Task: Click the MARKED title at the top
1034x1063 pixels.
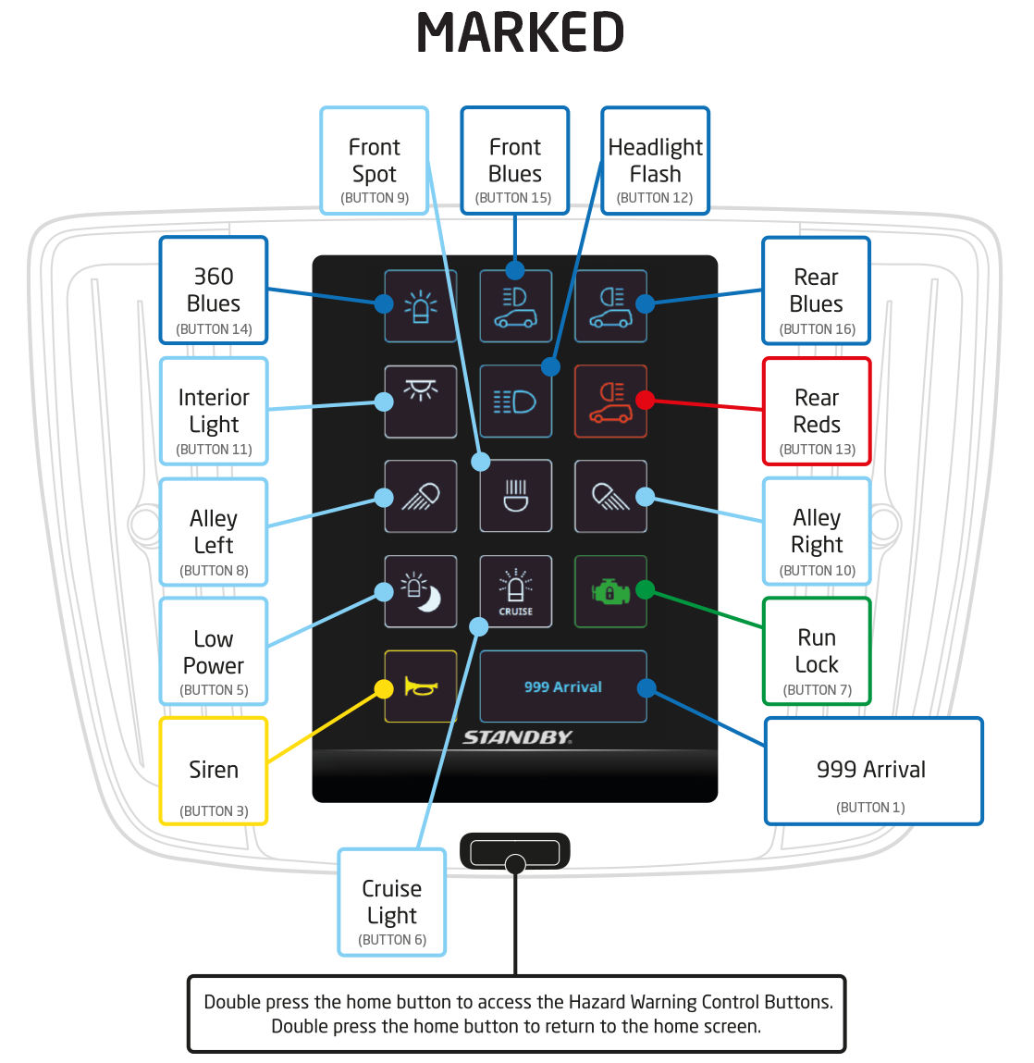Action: coord(520,33)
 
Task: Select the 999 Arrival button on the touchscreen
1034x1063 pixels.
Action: coord(562,686)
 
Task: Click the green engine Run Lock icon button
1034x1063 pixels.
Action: coord(609,591)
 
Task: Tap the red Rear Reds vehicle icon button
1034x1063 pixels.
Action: coord(609,402)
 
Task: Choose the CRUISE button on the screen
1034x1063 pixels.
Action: coord(515,591)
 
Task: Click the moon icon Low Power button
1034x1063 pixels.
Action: coord(421,591)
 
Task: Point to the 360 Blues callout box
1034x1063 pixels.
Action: coord(214,290)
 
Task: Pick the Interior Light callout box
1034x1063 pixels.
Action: coord(214,411)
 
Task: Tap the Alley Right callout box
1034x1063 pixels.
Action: coord(817,531)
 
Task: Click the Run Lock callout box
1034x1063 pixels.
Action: coord(817,651)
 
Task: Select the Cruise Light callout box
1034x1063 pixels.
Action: coord(391,902)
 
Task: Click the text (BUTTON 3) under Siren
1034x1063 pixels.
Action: coord(214,811)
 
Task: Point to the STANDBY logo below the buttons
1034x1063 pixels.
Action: coord(517,737)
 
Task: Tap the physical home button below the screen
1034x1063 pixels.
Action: coord(514,851)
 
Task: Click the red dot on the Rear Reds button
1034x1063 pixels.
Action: coord(646,401)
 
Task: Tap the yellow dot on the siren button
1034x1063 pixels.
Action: coord(383,689)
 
